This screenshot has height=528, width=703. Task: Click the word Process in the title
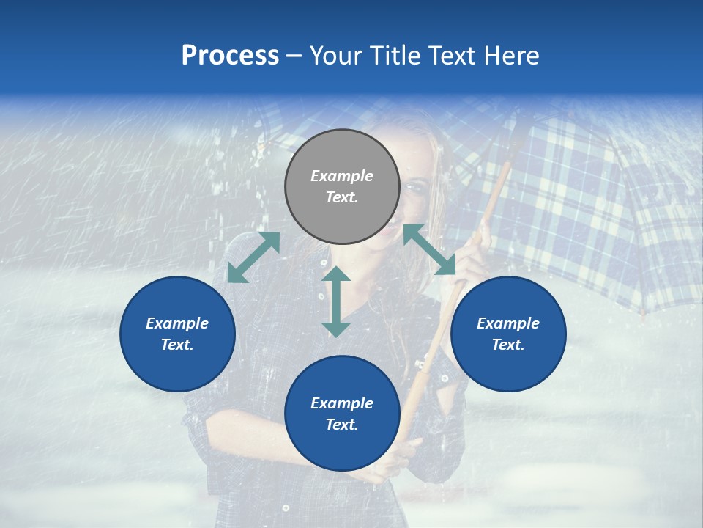[230, 56]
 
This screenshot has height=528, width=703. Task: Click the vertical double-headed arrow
[336, 301]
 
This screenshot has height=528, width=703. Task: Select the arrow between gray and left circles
[253, 257]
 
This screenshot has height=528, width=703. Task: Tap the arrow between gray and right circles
[430, 249]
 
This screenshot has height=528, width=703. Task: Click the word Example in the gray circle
[342, 176]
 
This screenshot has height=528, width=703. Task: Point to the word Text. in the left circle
[177, 345]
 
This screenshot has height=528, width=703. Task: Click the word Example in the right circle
[508, 323]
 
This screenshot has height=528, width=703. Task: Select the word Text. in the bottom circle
[342, 425]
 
